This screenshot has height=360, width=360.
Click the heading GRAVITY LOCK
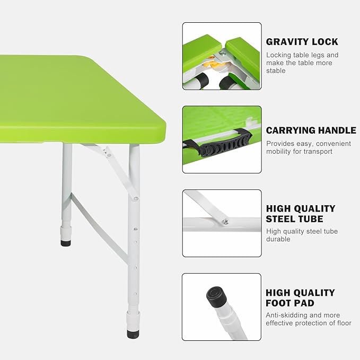point(302,42)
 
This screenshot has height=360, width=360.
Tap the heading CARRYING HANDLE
point(311,130)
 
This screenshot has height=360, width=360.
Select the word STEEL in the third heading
point(280,219)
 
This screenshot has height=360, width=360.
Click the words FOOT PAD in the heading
point(290,303)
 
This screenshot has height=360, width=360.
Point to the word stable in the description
point(276,71)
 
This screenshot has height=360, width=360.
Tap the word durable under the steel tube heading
point(278,239)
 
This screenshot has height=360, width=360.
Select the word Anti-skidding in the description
point(284,315)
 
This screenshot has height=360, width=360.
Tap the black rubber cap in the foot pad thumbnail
point(216,296)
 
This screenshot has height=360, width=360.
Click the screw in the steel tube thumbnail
point(226,221)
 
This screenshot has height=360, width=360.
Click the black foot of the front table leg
point(133,334)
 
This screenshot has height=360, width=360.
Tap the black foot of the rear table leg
point(66,243)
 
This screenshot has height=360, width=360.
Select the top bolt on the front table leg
point(136,198)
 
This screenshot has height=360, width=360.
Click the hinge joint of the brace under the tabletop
point(107,153)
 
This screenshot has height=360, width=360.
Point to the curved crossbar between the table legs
point(99,228)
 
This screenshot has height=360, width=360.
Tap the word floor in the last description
point(344,323)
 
